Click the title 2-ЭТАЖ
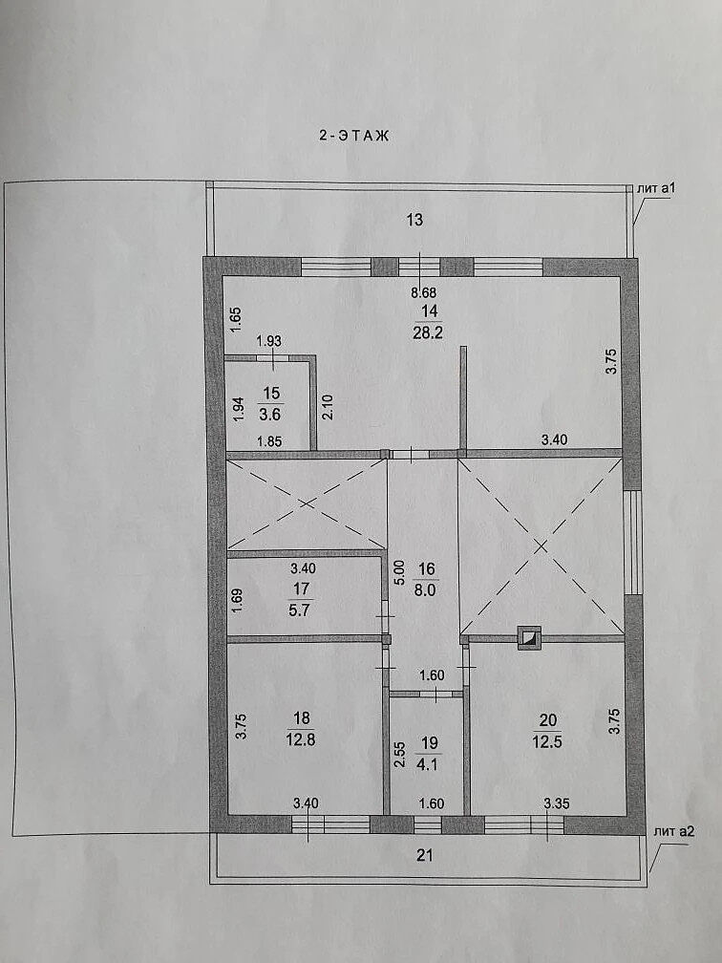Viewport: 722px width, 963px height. [353, 136]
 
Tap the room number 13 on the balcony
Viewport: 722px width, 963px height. [415, 220]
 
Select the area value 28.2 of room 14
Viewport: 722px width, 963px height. [429, 332]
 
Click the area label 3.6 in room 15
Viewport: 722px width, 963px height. [269, 415]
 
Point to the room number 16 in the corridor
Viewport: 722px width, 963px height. [427, 569]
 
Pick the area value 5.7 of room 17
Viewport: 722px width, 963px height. [300, 611]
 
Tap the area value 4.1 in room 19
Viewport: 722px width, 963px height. [428, 765]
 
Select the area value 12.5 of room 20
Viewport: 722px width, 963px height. [547, 741]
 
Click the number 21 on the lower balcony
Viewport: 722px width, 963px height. [425, 855]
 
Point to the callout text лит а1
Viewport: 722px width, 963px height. [656, 188]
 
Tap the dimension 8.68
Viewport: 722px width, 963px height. [424, 293]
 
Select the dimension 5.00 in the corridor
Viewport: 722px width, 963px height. [399, 571]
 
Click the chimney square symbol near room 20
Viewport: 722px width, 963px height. [529, 637]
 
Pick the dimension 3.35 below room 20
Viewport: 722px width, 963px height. [557, 803]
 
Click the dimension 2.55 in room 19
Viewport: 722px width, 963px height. [399, 754]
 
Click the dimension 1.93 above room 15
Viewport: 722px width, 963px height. [269, 340]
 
